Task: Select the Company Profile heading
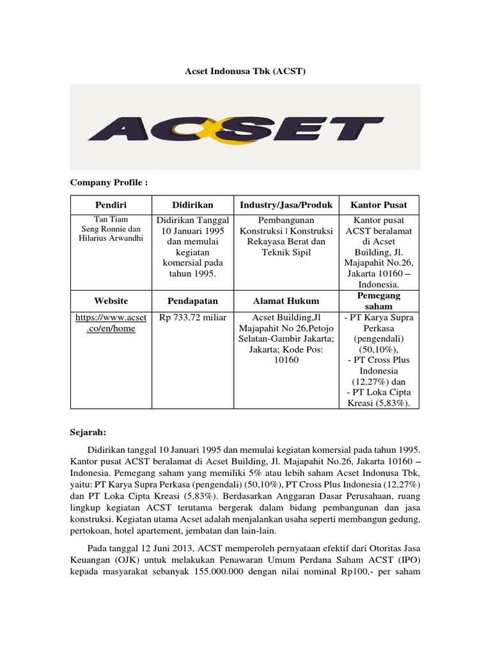(109, 183)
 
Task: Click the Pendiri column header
(111, 206)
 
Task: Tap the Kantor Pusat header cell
(378, 206)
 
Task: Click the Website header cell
(111, 301)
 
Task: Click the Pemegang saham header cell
(378, 301)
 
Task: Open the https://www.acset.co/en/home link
(111, 323)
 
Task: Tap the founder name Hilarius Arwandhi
(111, 238)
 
